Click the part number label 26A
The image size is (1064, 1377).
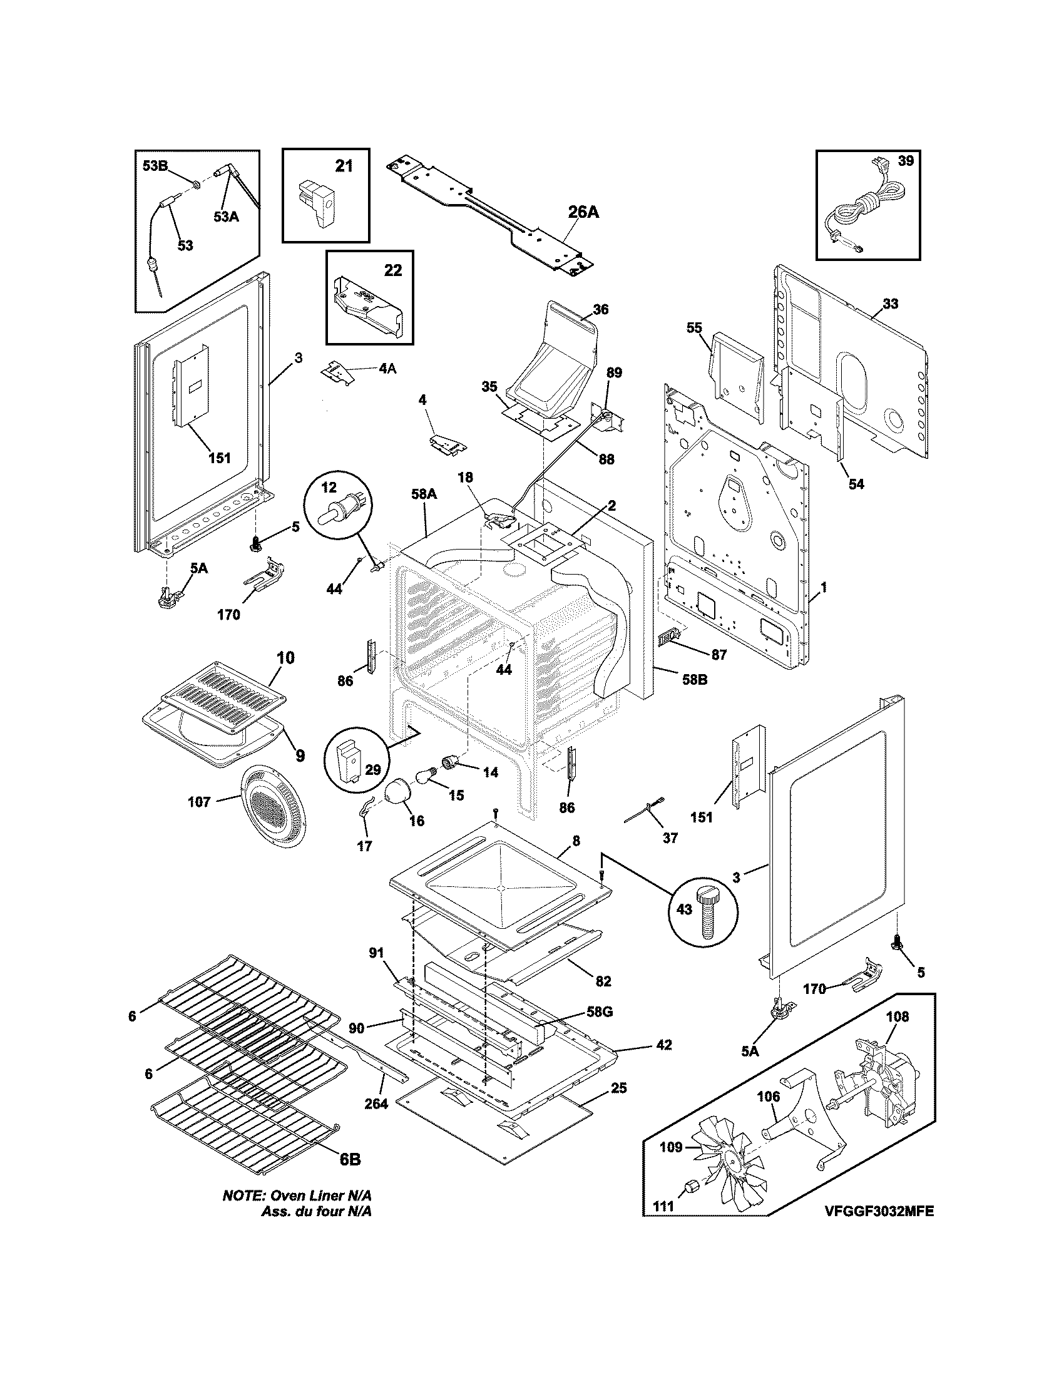583,212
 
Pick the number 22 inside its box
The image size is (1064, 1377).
392,270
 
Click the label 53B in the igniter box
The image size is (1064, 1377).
155,166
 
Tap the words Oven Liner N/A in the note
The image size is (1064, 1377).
322,1195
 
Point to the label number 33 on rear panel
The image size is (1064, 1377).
890,304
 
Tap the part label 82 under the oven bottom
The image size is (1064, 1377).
603,981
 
